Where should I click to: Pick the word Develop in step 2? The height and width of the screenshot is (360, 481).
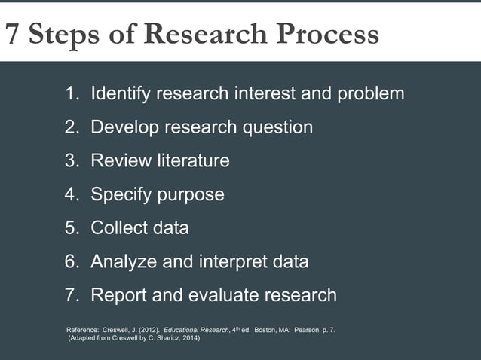pos(122,127)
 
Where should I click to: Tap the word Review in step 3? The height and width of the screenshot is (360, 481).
pos(118,160)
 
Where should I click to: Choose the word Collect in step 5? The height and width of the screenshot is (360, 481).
pos(119,227)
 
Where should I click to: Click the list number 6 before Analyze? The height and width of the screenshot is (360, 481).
pos(71,261)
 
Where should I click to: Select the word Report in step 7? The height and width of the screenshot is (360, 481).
pos(118,294)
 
